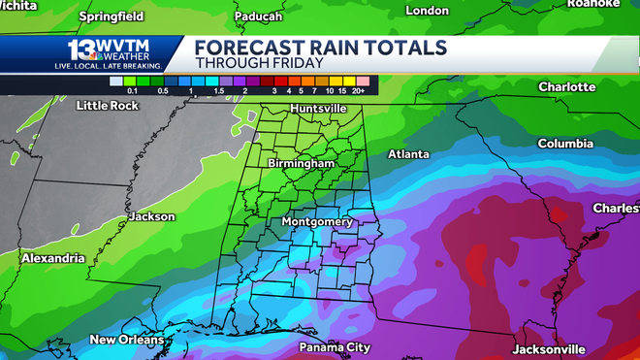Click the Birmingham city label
point(303,165)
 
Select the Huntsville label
point(318,108)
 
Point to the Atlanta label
point(408,154)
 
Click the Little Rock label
point(106,105)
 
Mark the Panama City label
point(335,346)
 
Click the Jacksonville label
point(548,348)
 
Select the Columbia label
point(565,144)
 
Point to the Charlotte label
point(566,86)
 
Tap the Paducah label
point(259,16)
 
